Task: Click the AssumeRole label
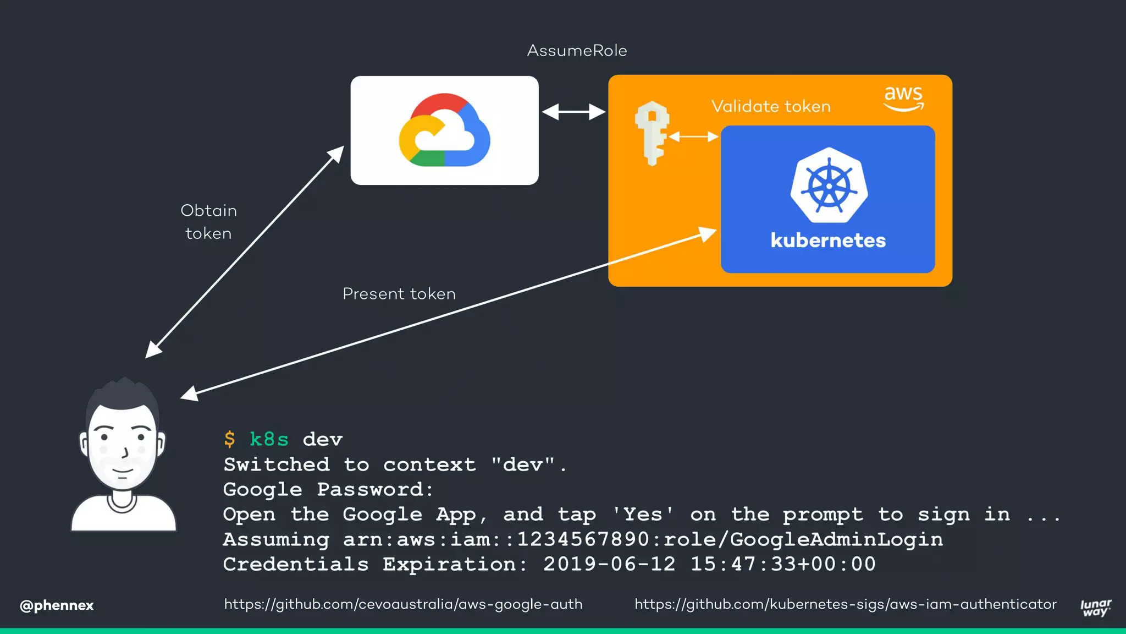[577, 51]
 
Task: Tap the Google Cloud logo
[444, 130]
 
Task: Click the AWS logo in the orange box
[903, 98]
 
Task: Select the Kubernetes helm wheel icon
[829, 185]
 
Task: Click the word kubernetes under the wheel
[828, 241]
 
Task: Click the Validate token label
[771, 106]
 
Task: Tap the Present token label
[399, 294]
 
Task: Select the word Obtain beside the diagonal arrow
[209, 211]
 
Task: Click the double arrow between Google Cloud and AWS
[573, 112]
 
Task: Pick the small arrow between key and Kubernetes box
[694, 136]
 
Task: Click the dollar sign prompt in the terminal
[230, 439]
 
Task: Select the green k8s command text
[269, 439]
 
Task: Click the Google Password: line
[329, 489]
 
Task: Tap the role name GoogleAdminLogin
[836, 539]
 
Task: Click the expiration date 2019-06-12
[609, 564]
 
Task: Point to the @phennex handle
[57, 605]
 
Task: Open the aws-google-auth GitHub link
[403, 604]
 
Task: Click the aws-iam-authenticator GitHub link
[845, 604]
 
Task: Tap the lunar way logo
[1095, 608]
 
